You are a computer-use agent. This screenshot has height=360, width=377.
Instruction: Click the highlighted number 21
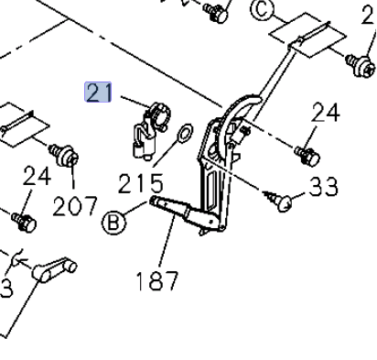98,92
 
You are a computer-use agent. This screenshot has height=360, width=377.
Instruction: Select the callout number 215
141,183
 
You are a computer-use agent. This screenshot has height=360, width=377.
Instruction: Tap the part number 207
75,206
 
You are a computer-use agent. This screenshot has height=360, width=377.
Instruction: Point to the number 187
156,280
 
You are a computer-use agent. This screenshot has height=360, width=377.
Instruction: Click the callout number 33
323,186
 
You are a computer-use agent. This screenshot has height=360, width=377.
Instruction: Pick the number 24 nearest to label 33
325,113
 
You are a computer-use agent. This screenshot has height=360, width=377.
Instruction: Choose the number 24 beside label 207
37,176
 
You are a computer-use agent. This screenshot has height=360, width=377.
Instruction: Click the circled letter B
113,223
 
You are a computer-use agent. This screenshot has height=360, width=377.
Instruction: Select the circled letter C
262,10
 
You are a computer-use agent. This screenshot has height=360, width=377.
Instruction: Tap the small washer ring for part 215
186,134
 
